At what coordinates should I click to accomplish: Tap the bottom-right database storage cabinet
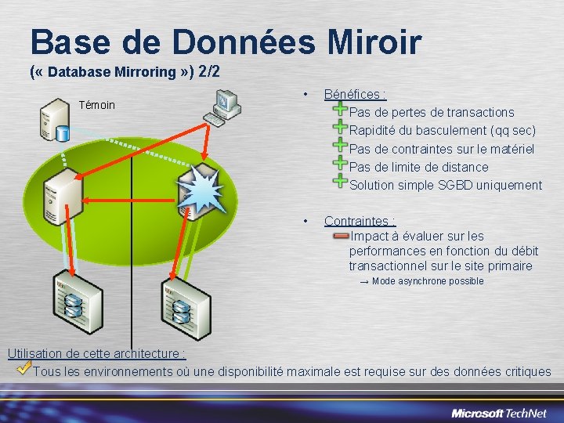pos(181,305)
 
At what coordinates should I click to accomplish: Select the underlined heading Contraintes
pos(360,222)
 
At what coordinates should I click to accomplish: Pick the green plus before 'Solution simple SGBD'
pos(341,182)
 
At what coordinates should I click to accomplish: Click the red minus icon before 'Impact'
pos(341,235)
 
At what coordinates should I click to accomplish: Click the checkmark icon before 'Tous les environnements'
pos(24,367)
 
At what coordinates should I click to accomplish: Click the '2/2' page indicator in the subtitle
pos(209,72)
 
